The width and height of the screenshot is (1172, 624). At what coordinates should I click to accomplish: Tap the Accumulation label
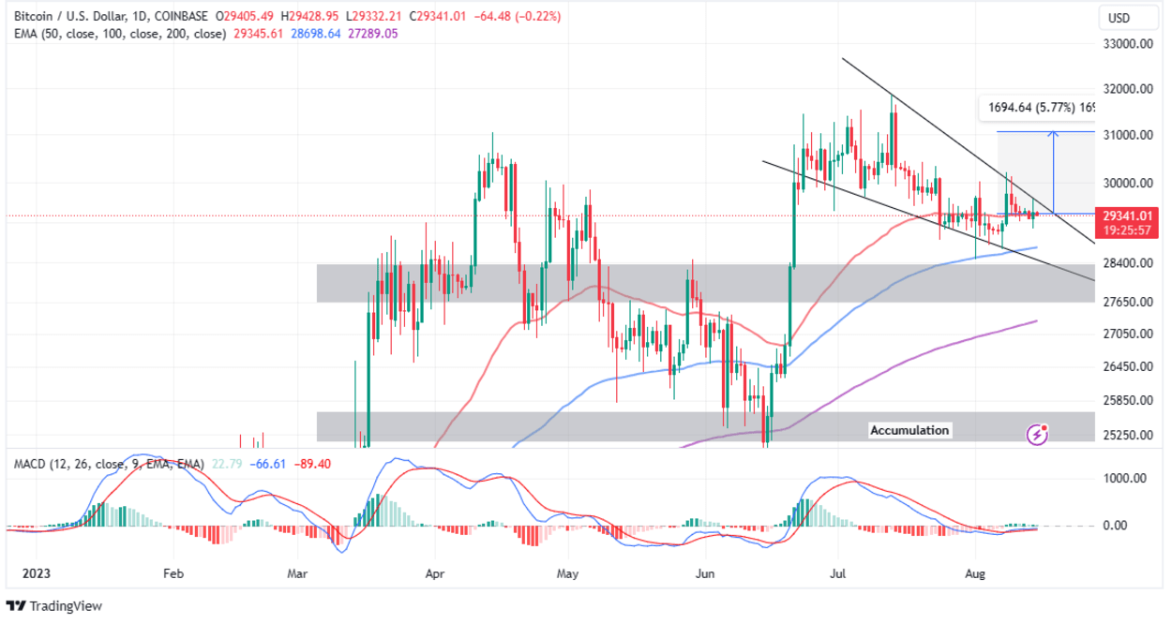pos(909,430)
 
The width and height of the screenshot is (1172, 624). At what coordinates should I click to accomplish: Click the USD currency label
pos(1119,18)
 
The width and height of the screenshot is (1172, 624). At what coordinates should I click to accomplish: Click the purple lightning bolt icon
pos(1037,434)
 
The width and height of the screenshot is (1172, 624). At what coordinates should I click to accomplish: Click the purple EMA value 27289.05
pos(372,34)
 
